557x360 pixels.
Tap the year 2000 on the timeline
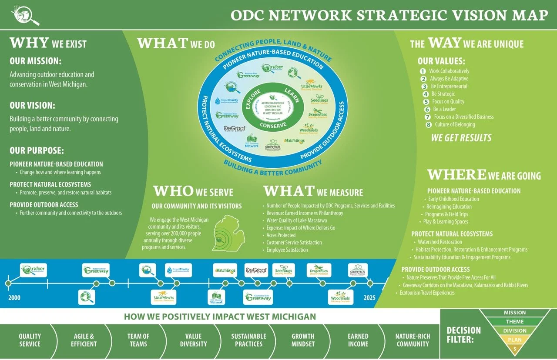coord(14,298)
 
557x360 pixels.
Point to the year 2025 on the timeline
coord(369,298)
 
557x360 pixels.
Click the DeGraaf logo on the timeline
coord(256,270)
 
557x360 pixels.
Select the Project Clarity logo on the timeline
coord(178,270)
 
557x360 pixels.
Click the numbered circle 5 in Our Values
coord(426,102)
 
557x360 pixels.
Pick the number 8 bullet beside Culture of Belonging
coord(429,125)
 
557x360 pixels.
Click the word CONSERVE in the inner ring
coord(273,125)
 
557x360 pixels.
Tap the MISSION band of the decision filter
coord(514,313)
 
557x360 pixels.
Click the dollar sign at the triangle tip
coord(515,349)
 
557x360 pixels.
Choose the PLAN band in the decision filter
coord(515,340)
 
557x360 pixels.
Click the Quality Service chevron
coord(30,340)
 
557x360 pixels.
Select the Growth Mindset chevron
coord(302,340)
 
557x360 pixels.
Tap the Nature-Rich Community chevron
coord(413,340)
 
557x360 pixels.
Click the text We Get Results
coord(461,138)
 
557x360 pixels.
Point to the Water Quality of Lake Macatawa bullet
coord(296,220)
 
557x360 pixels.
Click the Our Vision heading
coord(32,105)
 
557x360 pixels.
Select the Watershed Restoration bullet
coord(440,242)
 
